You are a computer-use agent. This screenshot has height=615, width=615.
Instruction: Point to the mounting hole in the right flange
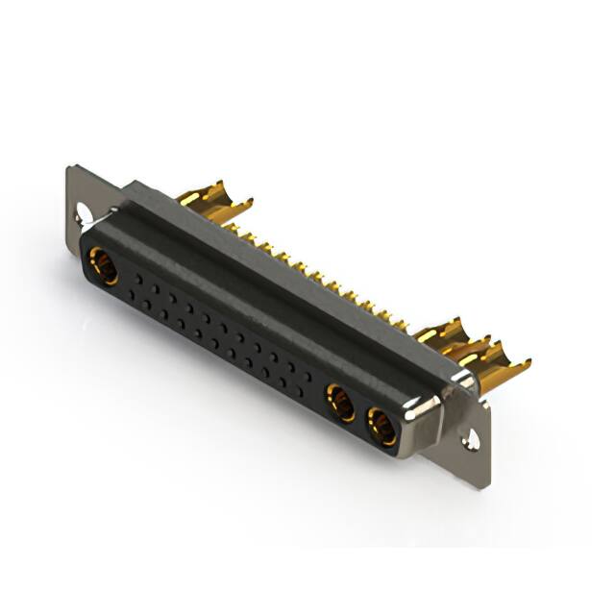(x=472, y=441)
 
